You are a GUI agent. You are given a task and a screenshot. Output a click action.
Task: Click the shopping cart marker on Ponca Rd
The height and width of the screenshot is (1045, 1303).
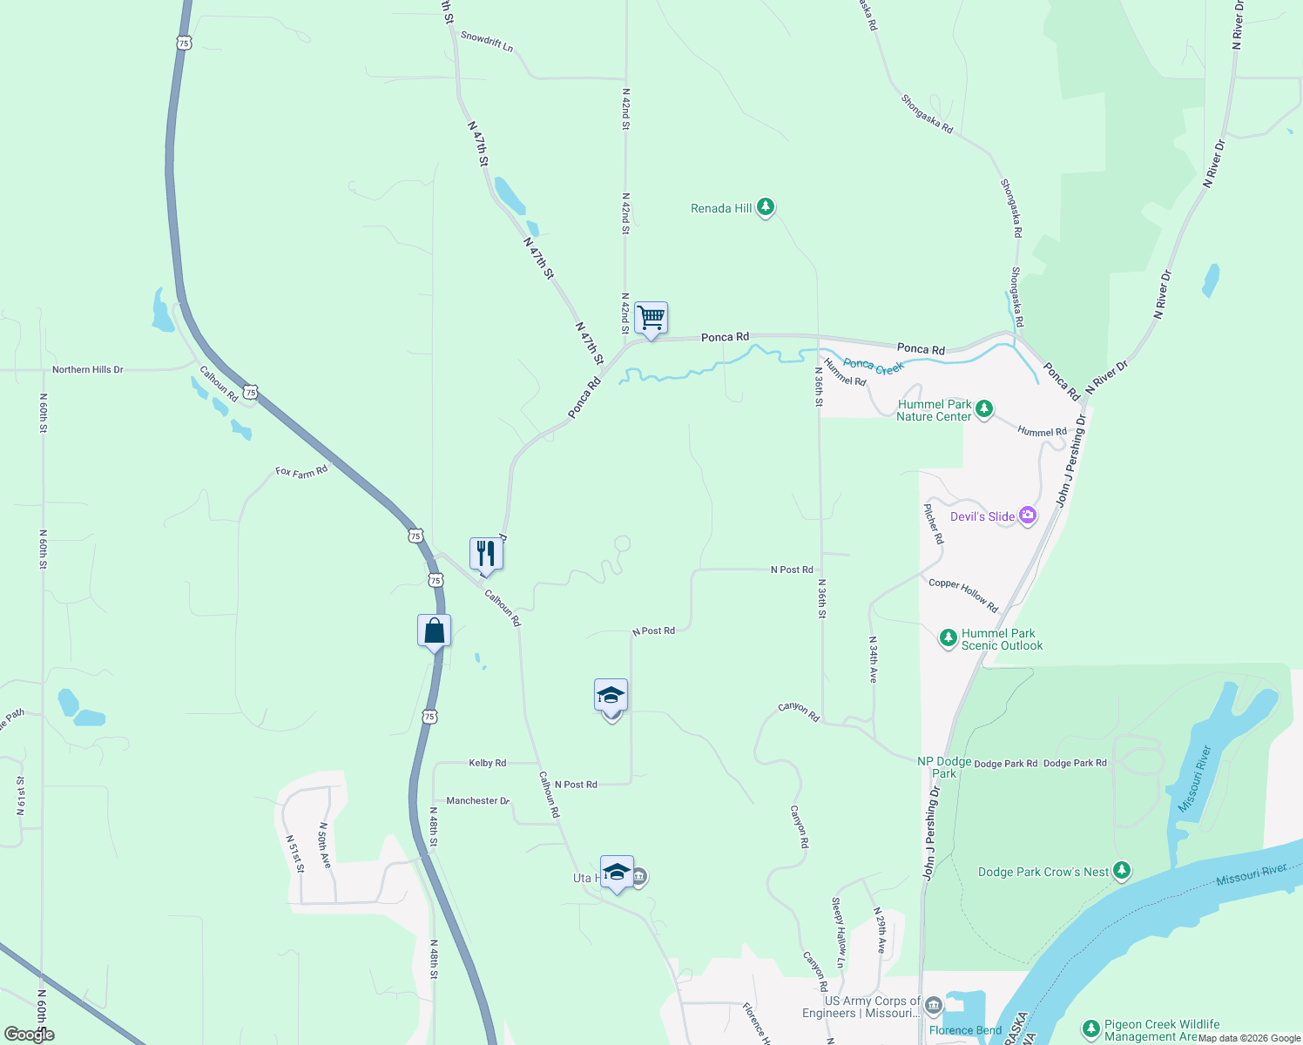pyautogui.click(x=651, y=318)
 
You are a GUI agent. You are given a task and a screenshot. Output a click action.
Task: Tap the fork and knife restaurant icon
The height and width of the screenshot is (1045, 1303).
pyautogui.click(x=486, y=554)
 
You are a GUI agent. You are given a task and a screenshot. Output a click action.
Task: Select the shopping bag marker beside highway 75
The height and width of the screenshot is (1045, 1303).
pyautogui.click(x=434, y=631)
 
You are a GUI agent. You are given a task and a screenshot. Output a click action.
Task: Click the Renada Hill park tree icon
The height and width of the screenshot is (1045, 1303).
pyautogui.click(x=766, y=207)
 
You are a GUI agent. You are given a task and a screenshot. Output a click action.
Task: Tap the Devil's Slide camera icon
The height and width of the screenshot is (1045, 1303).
pyautogui.click(x=1028, y=516)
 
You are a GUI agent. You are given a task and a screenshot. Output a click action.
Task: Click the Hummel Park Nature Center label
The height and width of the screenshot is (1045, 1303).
pyautogui.click(x=934, y=410)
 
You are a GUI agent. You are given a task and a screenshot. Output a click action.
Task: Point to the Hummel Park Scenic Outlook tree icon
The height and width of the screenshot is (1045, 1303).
pyautogui.click(x=949, y=638)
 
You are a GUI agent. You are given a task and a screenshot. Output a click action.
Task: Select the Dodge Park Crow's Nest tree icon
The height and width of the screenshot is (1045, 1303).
pyautogui.click(x=1122, y=870)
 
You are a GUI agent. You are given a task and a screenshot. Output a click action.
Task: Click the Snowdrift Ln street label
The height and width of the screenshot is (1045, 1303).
pyautogui.click(x=487, y=41)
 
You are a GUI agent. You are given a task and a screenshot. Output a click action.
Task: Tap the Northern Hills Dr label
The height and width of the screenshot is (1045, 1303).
pyautogui.click(x=87, y=369)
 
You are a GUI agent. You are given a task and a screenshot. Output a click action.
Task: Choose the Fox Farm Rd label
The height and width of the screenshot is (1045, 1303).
pyautogui.click(x=301, y=471)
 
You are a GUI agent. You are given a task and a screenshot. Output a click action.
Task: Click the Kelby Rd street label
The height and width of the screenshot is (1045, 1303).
pyautogui.click(x=487, y=763)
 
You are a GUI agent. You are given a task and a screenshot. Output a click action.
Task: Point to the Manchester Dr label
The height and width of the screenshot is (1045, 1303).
pyautogui.click(x=477, y=800)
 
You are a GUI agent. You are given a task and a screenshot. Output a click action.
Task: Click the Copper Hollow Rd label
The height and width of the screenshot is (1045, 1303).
pyautogui.click(x=963, y=595)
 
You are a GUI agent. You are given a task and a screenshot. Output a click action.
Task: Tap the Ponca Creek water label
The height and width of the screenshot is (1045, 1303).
pyautogui.click(x=874, y=367)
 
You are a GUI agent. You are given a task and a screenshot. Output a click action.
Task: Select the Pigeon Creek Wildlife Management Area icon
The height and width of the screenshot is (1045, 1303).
pyautogui.click(x=1090, y=1029)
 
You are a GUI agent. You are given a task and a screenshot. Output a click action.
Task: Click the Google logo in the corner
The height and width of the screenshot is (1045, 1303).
pyautogui.click(x=29, y=1035)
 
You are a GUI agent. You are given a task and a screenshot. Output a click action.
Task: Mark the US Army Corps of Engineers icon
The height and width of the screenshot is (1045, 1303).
pyautogui.click(x=934, y=1006)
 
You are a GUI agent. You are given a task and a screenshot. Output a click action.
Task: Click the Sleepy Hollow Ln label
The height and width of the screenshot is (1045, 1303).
pyautogui.click(x=839, y=932)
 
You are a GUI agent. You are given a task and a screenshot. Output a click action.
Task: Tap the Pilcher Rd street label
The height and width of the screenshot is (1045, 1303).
pyautogui.click(x=934, y=523)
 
